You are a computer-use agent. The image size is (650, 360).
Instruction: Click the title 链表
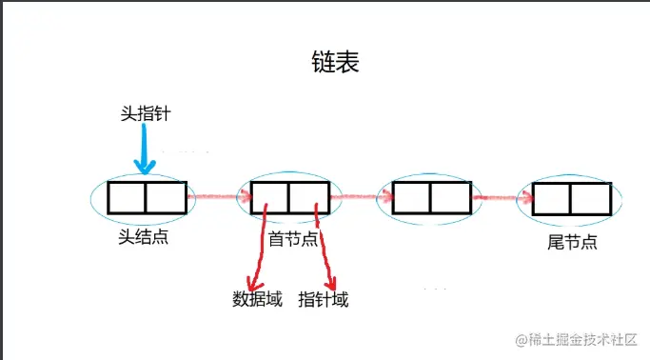[334, 63]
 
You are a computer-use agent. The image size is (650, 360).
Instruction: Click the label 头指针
[146, 113]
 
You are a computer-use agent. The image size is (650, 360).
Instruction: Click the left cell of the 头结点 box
[127, 197]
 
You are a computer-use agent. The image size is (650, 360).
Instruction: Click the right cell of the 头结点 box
[166, 197]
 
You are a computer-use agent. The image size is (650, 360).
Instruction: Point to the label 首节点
[293, 238]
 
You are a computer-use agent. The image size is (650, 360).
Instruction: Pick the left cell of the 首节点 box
[270, 197]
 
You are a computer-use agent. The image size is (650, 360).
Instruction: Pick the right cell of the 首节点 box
[308, 197]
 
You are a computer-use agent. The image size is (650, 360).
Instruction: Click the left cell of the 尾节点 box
[552, 198]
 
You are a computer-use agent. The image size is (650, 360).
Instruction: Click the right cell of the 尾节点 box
[590, 198]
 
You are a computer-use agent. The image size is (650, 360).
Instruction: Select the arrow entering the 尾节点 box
[502, 197]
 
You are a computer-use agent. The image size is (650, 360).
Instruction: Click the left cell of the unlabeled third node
[411, 197]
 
